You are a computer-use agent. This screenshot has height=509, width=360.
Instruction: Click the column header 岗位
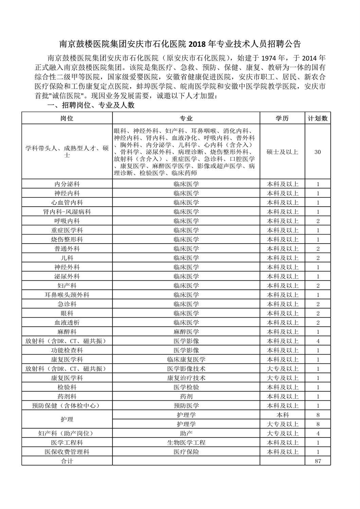pyautogui.click(x=67, y=118)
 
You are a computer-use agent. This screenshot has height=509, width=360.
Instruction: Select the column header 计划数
pyautogui.click(x=318, y=118)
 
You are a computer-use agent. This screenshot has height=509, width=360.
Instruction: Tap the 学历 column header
pyautogui.click(x=282, y=118)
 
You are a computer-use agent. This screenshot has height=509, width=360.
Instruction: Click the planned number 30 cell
pyautogui.click(x=318, y=152)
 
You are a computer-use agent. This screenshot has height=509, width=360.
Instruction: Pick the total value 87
pyautogui.click(x=318, y=460)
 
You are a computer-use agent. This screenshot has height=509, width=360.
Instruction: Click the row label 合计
pyautogui.click(x=67, y=461)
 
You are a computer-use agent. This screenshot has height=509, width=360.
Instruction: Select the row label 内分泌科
pyautogui.click(x=67, y=184)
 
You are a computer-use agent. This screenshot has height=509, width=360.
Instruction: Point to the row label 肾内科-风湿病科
pyautogui.click(x=67, y=212)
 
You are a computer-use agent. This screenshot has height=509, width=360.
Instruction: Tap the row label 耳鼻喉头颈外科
pyautogui.click(x=67, y=295)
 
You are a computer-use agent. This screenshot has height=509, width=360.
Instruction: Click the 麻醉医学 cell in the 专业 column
pyautogui.click(x=186, y=332)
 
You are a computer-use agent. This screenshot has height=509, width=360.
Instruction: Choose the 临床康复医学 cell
pyautogui.click(x=186, y=359)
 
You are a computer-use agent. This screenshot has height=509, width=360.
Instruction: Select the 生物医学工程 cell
pyautogui.click(x=186, y=442)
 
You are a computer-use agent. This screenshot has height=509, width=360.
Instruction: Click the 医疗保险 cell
pyautogui.click(x=186, y=452)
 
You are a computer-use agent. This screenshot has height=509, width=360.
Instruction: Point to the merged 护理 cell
pyautogui.click(x=67, y=419)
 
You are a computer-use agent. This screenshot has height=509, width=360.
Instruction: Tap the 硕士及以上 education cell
pyautogui.click(x=282, y=152)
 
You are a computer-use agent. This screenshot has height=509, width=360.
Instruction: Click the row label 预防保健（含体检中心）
pyautogui.click(x=67, y=406)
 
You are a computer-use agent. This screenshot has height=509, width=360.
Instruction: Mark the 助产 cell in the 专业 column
pyautogui.click(x=186, y=433)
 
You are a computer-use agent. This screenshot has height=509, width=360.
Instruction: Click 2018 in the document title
pyautogui.click(x=198, y=44)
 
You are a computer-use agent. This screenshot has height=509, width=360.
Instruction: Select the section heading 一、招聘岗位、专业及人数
pyautogui.click(x=91, y=106)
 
